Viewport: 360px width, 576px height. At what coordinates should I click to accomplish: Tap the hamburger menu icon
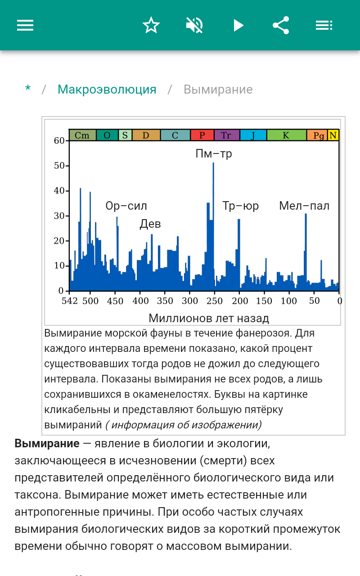click(x=25, y=25)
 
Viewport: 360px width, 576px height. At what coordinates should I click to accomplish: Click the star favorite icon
click(x=151, y=25)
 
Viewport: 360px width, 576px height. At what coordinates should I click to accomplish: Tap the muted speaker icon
click(x=194, y=25)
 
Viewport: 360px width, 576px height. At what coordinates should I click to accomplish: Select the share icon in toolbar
click(x=281, y=25)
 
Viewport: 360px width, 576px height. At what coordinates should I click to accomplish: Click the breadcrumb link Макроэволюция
click(x=107, y=90)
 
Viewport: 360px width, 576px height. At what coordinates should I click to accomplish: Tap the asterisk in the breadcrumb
click(x=28, y=90)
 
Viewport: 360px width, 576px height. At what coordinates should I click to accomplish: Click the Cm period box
click(x=82, y=135)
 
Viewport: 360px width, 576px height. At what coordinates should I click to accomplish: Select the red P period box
click(x=202, y=135)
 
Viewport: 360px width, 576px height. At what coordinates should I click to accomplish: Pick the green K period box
click(x=286, y=135)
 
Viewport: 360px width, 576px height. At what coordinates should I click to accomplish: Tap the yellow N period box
click(x=333, y=135)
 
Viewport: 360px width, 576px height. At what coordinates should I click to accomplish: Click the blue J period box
click(x=253, y=135)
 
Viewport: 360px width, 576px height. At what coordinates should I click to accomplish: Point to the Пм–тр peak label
click(x=214, y=154)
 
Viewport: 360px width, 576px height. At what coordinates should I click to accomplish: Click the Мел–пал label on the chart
click(x=304, y=206)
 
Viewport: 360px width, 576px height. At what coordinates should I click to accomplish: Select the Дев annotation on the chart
click(x=150, y=224)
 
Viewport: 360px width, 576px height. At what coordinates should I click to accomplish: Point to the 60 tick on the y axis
click(x=59, y=141)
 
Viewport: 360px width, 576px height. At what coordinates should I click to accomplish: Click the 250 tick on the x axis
click(x=215, y=301)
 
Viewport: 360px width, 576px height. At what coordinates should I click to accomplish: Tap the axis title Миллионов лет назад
click(x=209, y=319)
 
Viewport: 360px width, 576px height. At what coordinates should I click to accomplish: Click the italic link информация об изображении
click(x=184, y=425)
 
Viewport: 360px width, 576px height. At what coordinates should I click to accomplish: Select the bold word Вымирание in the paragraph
click(x=47, y=444)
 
